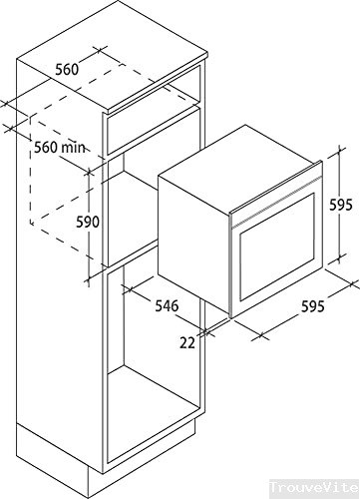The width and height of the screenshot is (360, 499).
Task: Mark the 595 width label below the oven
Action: pyautogui.click(x=311, y=306)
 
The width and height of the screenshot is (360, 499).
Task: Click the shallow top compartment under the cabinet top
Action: pyautogui.click(x=150, y=125)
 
